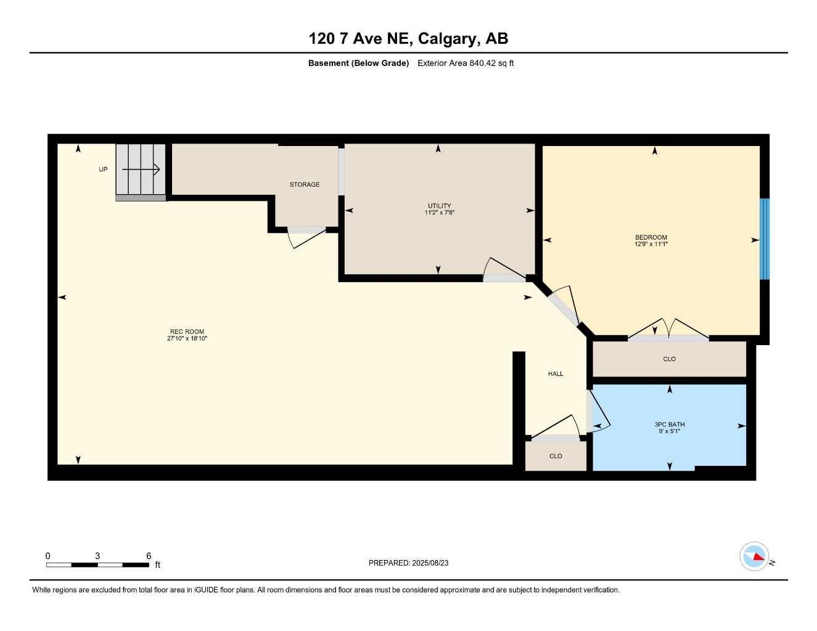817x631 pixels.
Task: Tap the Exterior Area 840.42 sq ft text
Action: pyautogui.click(x=465, y=63)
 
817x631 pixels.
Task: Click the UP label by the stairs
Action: pyautogui.click(x=103, y=169)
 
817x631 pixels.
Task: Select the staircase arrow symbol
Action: pyautogui.click(x=141, y=169)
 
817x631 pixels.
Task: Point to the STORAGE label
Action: pyautogui.click(x=305, y=184)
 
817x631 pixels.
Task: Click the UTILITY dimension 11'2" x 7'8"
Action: pyautogui.click(x=440, y=213)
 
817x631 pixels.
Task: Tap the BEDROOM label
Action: pyautogui.click(x=651, y=237)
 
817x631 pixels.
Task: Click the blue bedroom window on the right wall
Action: pyautogui.click(x=765, y=238)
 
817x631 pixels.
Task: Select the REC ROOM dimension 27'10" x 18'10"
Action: pyautogui.click(x=187, y=338)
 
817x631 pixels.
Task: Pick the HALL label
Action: pyautogui.click(x=556, y=374)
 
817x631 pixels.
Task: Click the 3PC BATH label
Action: pyautogui.click(x=670, y=425)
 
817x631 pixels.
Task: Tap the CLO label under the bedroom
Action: pyautogui.click(x=669, y=359)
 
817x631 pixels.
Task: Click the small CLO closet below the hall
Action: pyautogui.click(x=556, y=457)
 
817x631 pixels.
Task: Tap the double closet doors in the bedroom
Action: pyautogui.click(x=668, y=329)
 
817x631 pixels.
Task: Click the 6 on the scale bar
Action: pyautogui.click(x=149, y=556)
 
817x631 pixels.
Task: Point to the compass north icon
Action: pyautogui.click(x=754, y=556)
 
